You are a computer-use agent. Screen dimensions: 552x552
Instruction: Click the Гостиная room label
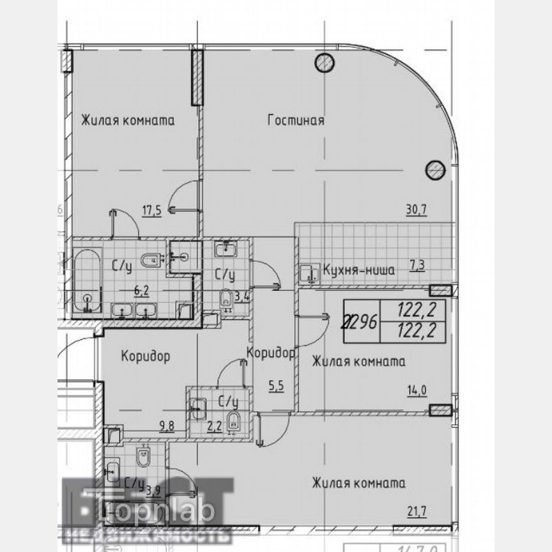click(296, 120)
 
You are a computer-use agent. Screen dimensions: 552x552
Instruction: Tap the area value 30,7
click(415, 207)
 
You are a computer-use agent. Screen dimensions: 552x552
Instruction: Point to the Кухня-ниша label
click(358, 270)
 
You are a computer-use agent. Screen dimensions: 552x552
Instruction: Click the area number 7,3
click(417, 266)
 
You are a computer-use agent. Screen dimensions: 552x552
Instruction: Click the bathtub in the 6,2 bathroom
click(86, 281)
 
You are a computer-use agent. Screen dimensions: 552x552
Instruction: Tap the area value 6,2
click(141, 289)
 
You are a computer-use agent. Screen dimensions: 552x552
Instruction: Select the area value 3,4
click(241, 296)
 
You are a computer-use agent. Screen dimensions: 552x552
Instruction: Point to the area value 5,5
click(275, 385)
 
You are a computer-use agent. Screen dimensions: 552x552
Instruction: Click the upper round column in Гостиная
click(324, 62)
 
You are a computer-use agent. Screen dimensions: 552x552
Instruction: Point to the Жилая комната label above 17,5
click(128, 120)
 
